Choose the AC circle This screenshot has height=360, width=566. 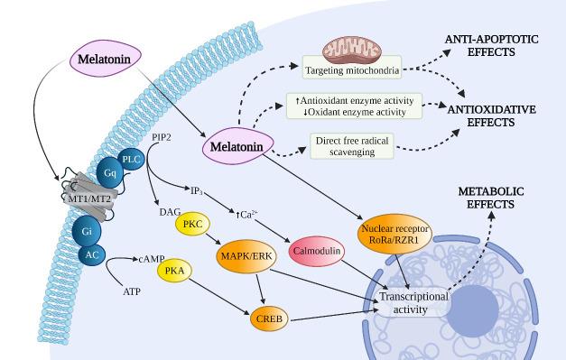[91, 255]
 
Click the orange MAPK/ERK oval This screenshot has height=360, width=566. [246, 256]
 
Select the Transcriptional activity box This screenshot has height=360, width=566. [414, 302]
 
